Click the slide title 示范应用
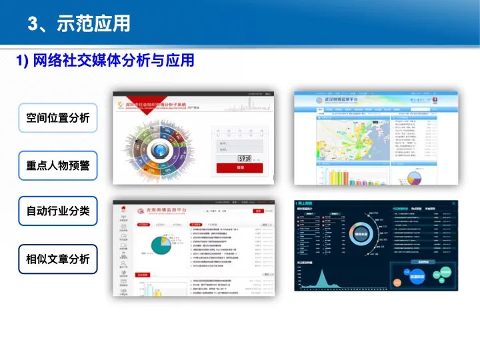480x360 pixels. [79, 24]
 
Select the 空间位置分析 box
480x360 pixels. [58, 118]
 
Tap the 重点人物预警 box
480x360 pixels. [58, 165]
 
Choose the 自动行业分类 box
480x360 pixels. [58, 212]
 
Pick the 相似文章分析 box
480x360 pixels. [58, 259]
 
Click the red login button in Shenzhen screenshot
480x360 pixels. [239, 168]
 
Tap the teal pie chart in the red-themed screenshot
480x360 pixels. [161, 245]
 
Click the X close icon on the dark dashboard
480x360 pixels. [454, 203]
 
